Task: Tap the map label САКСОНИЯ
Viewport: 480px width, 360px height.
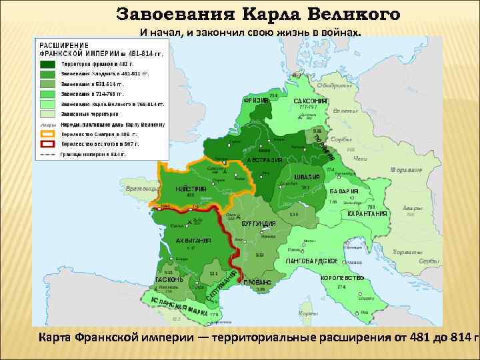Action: click(x=310, y=101)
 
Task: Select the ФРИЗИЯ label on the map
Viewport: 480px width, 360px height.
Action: click(x=256, y=101)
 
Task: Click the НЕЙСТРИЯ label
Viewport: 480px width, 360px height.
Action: click(x=191, y=189)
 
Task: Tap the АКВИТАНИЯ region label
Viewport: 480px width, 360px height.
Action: click(x=193, y=241)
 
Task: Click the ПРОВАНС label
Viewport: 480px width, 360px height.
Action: click(x=256, y=283)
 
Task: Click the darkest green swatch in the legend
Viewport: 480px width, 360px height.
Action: click(x=47, y=63)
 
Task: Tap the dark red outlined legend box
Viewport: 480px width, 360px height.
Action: click(x=47, y=143)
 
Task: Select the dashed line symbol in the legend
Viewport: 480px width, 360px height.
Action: click(x=47, y=154)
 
